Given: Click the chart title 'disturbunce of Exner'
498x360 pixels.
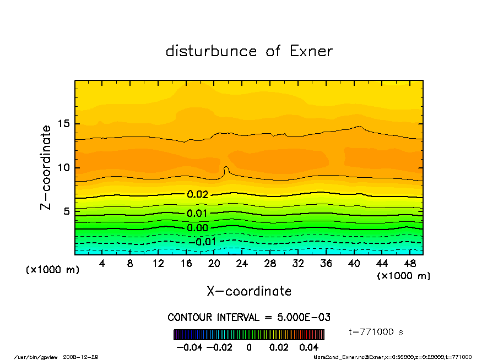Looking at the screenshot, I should click(x=249, y=51).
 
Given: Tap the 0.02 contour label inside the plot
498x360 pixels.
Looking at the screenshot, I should click(x=197, y=194).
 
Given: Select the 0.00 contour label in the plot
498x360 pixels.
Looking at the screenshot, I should click(x=197, y=228).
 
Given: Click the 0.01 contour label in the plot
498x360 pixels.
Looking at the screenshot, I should click(x=197, y=214).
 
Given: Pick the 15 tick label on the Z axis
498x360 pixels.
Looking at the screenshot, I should click(x=63, y=124).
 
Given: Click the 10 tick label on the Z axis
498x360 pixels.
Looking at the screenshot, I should click(x=63, y=167).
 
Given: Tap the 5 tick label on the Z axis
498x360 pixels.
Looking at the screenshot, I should click(x=67, y=211).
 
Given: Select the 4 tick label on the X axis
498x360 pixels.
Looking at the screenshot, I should click(x=102, y=264).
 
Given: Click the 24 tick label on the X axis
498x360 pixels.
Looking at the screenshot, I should click(x=242, y=264).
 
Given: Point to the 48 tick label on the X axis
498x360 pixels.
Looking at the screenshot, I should click(x=409, y=264).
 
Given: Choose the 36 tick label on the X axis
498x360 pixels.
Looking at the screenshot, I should click(x=326, y=264).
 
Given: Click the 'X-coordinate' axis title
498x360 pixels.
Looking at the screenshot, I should click(x=249, y=291).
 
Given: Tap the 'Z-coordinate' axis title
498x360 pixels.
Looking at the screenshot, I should click(x=46, y=167).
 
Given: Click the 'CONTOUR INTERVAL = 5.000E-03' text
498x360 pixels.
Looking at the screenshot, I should click(x=249, y=318).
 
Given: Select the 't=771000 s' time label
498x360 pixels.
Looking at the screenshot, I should click(x=376, y=332).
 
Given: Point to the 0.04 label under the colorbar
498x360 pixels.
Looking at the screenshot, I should click(x=308, y=347).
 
